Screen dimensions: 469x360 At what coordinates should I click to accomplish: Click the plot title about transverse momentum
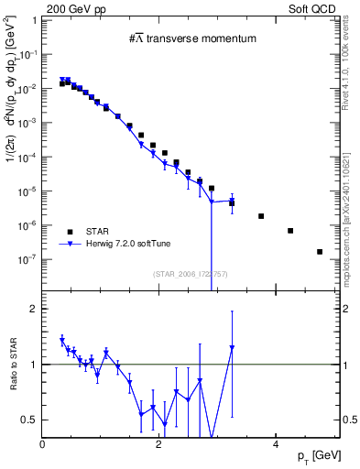tap(191, 38)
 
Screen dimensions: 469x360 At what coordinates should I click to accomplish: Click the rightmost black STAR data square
tap(320, 252)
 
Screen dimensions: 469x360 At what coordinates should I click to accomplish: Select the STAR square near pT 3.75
tap(261, 216)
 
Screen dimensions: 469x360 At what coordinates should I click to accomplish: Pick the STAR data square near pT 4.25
tap(290, 231)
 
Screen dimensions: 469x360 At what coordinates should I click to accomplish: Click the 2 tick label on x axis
tap(158, 442)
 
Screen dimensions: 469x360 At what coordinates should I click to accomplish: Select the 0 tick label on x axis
tap(43, 442)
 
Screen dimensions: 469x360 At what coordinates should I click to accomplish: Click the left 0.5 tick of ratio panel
tap(30, 420)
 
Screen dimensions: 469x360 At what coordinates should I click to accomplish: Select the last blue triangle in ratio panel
tap(232, 348)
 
